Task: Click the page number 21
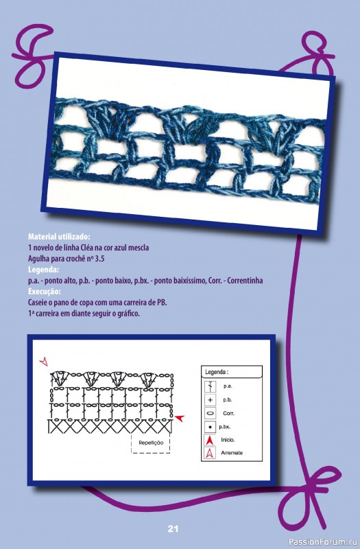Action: tap(173, 528)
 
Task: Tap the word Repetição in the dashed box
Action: tap(151, 443)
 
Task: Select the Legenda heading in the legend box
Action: tap(217, 372)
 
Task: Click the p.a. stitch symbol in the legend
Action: tap(211, 386)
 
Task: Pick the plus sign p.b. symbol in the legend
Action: tap(211, 400)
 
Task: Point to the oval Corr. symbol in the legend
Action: tap(211, 414)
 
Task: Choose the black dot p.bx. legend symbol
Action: tap(210, 427)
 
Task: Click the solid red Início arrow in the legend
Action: tap(210, 440)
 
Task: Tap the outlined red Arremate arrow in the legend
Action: tap(210, 453)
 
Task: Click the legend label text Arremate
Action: tap(232, 453)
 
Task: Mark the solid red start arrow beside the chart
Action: tap(180, 417)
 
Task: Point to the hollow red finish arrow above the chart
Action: tap(44, 362)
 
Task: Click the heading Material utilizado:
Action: tap(59, 237)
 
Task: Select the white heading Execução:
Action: tap(45, 291)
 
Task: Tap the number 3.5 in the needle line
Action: tap(99, 259)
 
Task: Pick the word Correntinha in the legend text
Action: tap(245, 281)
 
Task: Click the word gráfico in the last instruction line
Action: tap(129, 314)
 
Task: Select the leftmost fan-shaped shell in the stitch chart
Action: tap(58, 378)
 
